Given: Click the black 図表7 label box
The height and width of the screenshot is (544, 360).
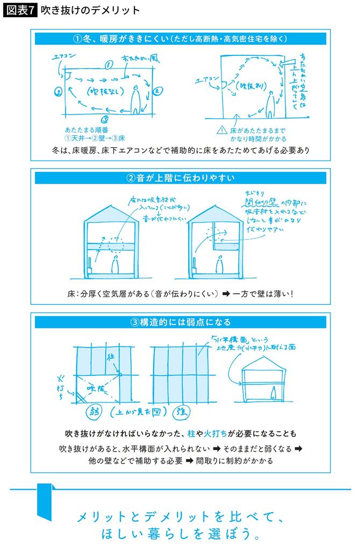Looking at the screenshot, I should point(20,10).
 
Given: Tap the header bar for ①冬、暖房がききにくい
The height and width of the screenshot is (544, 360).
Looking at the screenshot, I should point(180,39).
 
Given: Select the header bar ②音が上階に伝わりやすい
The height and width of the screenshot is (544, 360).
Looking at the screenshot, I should point(180,177).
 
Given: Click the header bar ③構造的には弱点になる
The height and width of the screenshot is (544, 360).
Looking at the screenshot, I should point(180,322).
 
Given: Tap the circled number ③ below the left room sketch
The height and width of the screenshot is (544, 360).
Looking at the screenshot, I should point(105,119).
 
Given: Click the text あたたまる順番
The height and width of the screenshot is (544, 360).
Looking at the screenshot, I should point(82,130).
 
